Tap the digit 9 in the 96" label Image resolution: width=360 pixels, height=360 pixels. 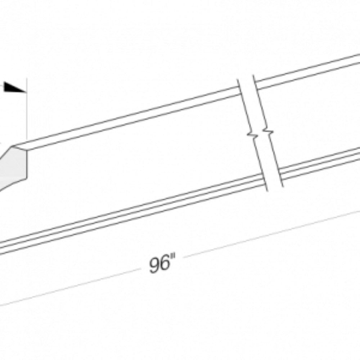[x=154, y=265]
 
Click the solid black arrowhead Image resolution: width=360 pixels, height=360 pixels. [x=15, y=87]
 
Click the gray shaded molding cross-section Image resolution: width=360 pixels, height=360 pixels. [x=13, y=168]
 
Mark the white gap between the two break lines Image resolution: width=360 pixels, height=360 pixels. [x=260, y=133]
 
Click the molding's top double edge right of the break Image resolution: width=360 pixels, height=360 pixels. [x=308, y=71]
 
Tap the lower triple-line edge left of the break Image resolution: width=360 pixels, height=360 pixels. [x=131, y=215]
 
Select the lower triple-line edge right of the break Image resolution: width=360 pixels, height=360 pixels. [x=320, y=163]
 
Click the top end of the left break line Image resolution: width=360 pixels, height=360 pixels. [x=237, y=80]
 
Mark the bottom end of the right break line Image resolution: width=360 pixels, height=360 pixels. [x=283, y=186]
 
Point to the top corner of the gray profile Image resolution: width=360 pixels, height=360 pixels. [x=12, y=146]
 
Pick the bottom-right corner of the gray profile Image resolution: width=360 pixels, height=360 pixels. [x=27, y=178]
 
